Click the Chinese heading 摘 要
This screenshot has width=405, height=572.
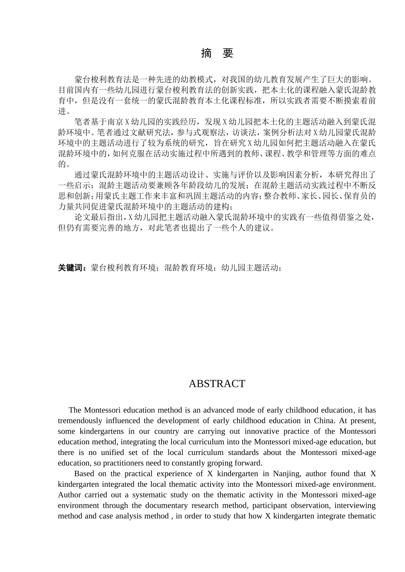[217, 53]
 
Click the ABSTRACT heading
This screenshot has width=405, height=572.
[217, 383]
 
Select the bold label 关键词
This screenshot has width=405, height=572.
[72, 268]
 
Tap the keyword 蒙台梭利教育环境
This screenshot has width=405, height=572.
[124, 268]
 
